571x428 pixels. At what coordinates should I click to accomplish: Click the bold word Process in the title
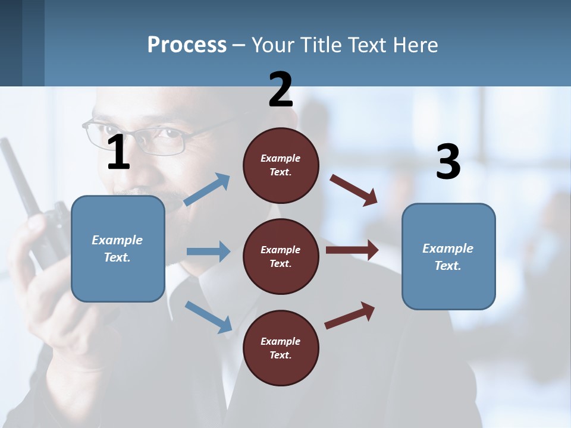[187, 45]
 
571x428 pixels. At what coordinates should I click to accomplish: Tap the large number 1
[118, 153]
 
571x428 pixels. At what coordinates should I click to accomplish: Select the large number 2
[280, 90]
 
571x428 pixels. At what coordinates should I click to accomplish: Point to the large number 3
[448, 162]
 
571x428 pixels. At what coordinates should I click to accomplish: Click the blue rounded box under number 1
[118, 248]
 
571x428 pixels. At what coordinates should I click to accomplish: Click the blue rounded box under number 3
[448, 257]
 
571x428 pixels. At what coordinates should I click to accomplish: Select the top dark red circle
[281, 165]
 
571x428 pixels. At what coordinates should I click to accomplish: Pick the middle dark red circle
[281, 256]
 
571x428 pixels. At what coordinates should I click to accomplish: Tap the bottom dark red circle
[281, 348]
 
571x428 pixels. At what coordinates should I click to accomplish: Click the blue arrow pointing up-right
[208, 190]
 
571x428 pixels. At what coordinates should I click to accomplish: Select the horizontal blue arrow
[208, 251]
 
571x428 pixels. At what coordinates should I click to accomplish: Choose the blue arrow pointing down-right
[209, 316]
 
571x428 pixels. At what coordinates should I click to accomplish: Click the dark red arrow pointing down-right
[354, 190]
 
